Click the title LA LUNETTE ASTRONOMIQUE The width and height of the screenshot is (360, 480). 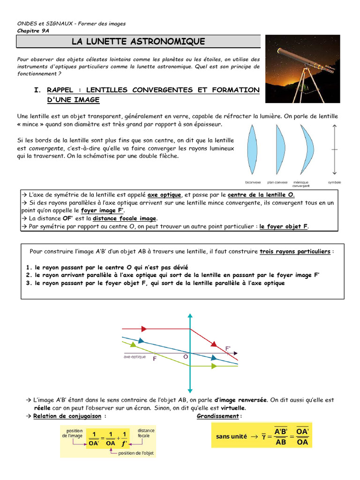tap(138, 42)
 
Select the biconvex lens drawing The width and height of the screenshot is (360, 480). tap(253, 150)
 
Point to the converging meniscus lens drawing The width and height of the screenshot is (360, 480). tap(305, 150)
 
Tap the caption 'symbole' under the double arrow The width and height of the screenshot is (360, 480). tap(334, 182)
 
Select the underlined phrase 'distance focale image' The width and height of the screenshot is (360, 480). tap(125, 218)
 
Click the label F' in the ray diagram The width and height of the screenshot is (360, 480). tap(228, 348)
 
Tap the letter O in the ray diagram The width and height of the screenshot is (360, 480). tap(186, 357)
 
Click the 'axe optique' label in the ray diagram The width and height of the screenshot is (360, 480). tap(135, 356)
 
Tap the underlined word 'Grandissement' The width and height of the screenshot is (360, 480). tap(218, 416)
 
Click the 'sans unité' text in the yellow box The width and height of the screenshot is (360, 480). tap(231, 436)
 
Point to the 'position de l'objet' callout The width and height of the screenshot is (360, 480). tap(136, 453)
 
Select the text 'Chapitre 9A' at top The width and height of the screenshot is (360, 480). tap(34, 31)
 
